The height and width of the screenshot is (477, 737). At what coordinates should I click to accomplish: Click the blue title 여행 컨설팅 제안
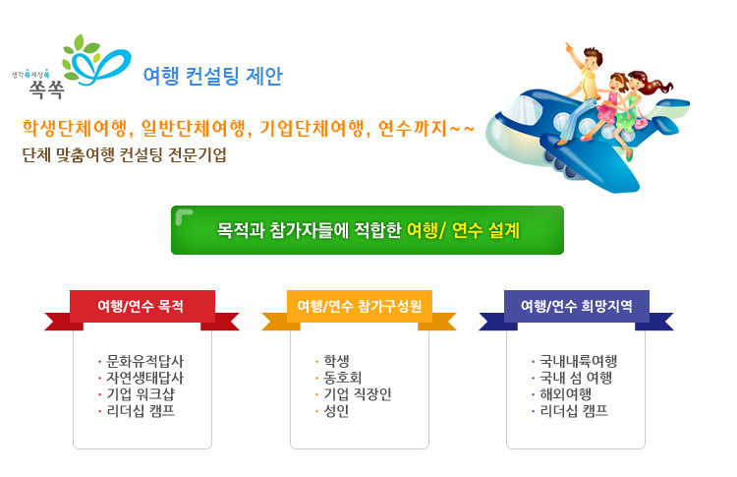coord(212,76)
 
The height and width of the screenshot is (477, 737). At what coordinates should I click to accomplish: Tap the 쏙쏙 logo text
coord(46,89)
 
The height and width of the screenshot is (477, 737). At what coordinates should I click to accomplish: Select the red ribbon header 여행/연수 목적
coord(141,306)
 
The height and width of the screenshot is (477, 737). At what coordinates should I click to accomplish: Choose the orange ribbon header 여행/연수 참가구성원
coord(360,306)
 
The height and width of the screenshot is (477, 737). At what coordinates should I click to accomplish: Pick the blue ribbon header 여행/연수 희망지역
coord(576,306)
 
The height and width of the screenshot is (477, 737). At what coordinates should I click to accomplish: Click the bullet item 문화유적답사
coord(144,361)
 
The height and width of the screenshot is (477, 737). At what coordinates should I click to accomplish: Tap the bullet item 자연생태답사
coord(144,378)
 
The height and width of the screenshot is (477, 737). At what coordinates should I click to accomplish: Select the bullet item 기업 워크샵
coord(141,394)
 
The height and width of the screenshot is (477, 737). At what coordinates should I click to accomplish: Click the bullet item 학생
coord(336,361)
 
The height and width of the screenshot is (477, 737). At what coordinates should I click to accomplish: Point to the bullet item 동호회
coord(342,378)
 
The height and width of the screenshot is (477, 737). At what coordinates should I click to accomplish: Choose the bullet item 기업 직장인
coord(358,394)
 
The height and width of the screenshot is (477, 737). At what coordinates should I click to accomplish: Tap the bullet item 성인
coord(336,411)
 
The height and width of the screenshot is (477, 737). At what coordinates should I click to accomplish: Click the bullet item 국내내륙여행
coord(578,361)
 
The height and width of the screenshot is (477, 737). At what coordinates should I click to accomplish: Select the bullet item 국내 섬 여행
coord(576,378)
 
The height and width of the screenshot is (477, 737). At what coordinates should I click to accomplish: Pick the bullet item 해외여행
coord(565,394)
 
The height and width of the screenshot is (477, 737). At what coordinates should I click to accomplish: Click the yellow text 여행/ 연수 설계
coord(463,230)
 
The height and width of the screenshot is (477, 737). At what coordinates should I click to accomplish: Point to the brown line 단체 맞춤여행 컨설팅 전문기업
coord(125,154)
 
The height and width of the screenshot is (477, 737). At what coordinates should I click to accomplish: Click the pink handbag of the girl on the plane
coord(640,123)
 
